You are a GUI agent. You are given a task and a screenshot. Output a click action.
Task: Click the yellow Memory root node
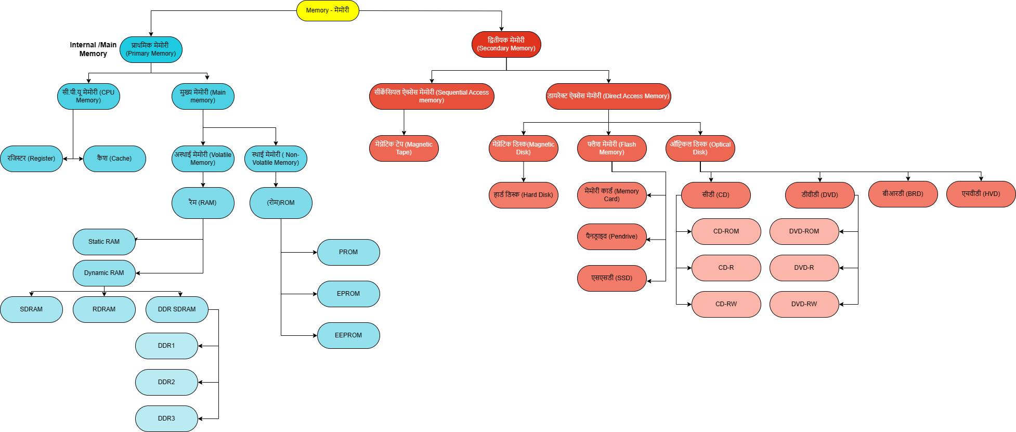(328, 10)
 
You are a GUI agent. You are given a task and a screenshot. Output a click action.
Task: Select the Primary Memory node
(151, 49)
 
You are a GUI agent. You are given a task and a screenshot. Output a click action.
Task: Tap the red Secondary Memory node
(506, 44)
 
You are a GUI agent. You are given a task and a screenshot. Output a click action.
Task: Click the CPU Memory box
(88, 96)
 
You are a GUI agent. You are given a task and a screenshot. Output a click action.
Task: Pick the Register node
(31, 159)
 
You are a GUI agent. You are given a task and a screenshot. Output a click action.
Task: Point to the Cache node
(114, 159)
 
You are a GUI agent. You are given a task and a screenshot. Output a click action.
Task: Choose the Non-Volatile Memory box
(276, 159)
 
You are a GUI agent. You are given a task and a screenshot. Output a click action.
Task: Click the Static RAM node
(104, 242)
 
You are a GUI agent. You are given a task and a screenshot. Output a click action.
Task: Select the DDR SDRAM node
(177, 309)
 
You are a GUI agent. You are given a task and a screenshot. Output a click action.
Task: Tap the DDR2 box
(166, 382)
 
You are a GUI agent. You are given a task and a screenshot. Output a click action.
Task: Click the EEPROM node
(348, 335)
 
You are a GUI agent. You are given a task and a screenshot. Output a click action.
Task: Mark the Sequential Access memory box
(432, 96)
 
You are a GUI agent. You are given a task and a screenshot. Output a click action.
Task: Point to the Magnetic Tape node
(403, 148)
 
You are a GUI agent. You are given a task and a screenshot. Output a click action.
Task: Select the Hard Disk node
(523, 195)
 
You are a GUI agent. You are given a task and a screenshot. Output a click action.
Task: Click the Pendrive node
(611, 237)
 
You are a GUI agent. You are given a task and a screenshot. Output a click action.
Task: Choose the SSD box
(611, 278)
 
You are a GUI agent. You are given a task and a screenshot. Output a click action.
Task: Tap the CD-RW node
(726, 304)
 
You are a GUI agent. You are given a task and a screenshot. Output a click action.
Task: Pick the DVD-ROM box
(804, 231)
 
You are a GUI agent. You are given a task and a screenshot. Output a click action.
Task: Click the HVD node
(981, 194)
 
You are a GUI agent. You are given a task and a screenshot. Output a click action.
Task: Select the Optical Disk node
(700, 148)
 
